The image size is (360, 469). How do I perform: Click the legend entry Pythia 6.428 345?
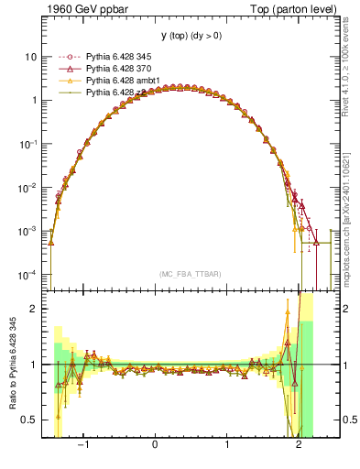(x=110, y=57)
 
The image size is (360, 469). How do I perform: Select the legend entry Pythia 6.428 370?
(x=110, y=69)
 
